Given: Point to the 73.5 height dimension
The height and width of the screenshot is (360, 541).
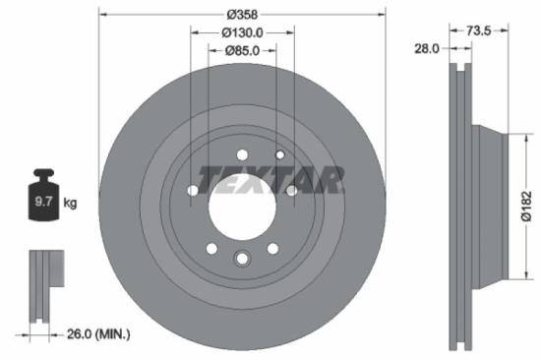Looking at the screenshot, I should tap(478, 31).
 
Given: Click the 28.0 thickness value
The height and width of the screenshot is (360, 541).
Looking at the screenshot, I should tap(428, 48).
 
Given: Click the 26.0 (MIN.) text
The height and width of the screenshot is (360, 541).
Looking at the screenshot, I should tap(97, 334).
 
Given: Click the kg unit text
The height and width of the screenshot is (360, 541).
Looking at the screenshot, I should tap(70, 203).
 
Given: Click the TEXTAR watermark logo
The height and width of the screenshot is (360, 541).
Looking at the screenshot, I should tap(271, 179).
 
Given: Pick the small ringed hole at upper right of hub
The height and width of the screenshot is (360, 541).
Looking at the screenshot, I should tap(280, 155).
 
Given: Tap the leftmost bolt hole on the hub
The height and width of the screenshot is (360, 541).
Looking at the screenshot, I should tap(193, 190).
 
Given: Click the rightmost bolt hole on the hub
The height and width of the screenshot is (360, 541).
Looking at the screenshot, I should tap(291, 190).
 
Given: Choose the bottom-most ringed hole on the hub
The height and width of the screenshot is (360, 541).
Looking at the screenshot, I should tap(242, 258).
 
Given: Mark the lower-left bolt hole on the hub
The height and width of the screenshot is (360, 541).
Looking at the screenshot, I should tap(210, 248).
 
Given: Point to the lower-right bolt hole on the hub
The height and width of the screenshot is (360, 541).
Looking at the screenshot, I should tap(272, 248).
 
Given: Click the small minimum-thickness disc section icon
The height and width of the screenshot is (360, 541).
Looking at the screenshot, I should tap(43, 285).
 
